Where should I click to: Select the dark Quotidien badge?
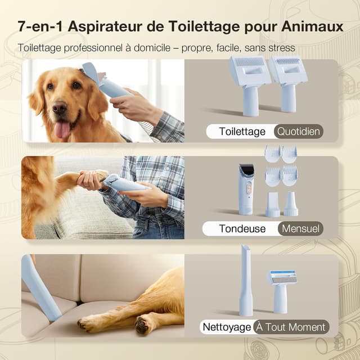pyautogui.click(x=299, y=132)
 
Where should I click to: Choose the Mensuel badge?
pyautogui.click(x=300, y=228)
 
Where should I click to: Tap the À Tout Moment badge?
pyautogui.click(x=290, y=327)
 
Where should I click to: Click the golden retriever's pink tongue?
pyautogui.click(x=61, y=129)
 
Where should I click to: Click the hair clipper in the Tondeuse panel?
pyautogui.click(x=246, y=188)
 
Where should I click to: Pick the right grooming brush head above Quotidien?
pyautogui.click(x=287, y=82)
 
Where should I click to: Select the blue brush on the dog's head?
pyautogui.click(x=104, y=82)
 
